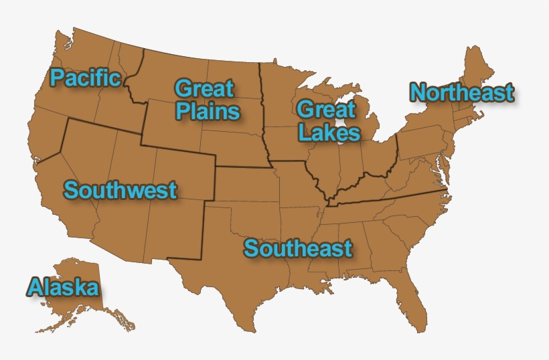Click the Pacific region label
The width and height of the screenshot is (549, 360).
(85, 78)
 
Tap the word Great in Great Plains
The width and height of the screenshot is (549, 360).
(204, 88)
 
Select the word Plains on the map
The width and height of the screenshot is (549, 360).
(208, 110)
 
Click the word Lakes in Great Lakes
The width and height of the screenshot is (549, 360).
(329, 132)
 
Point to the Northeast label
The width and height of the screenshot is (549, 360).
(462, 93)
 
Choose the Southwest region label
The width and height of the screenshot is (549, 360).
(121, 190)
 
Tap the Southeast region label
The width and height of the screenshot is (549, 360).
(298, 248)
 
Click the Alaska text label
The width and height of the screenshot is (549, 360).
(63, 288)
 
